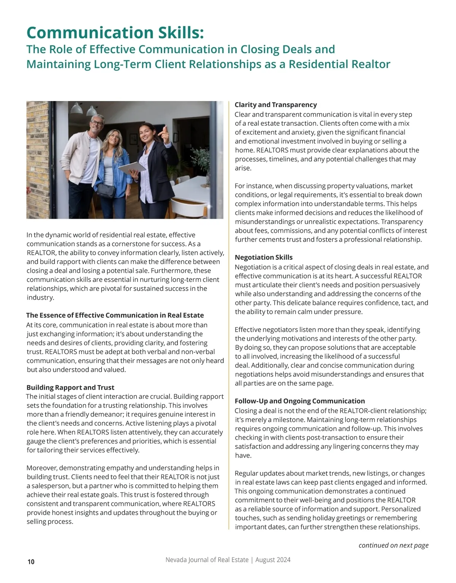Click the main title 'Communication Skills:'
point(115,33)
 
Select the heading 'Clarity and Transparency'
point(275,105)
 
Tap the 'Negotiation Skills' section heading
point(263,258)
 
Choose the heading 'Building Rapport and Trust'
point(70,387)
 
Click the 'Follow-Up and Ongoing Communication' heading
point(299,401)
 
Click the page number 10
point(31,562)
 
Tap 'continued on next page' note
point(393,545)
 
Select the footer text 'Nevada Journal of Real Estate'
point(207,560)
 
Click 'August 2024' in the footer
point(273,560)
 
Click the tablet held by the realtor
point(131,167)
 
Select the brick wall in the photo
point(37,160)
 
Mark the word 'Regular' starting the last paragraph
point(247,474)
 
